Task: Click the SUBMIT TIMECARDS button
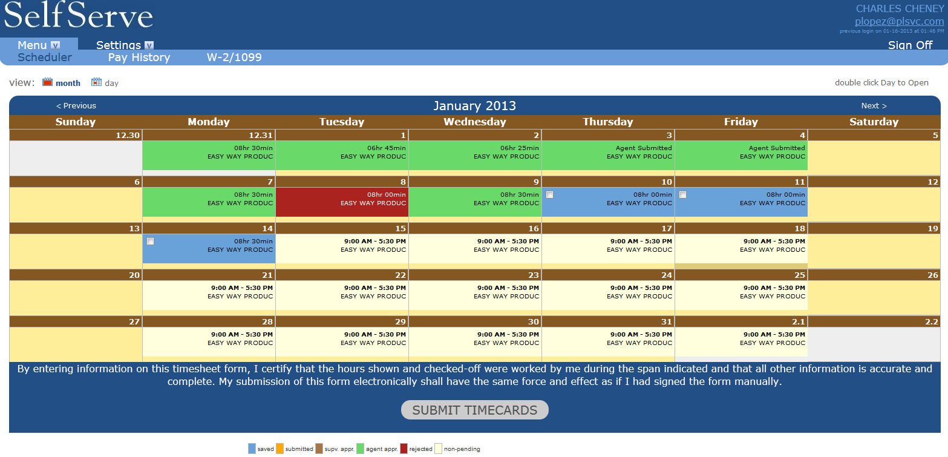(474, 410)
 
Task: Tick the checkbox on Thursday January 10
(550, 195)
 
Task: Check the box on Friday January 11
(682, 195)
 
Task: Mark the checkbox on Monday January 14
(150, 242)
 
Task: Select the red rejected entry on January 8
(342, 202)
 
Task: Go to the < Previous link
(76, 106)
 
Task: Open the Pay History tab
(139, 58)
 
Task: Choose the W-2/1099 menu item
(234, 58)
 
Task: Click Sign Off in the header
(910, 45)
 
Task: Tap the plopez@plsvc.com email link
(900, 21)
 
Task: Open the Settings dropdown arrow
(149, 45)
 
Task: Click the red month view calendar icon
(47, 82)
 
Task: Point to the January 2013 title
(474, 106)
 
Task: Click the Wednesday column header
(475, 122)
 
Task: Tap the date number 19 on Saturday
(933, 229)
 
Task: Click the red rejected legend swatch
(404, 449)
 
